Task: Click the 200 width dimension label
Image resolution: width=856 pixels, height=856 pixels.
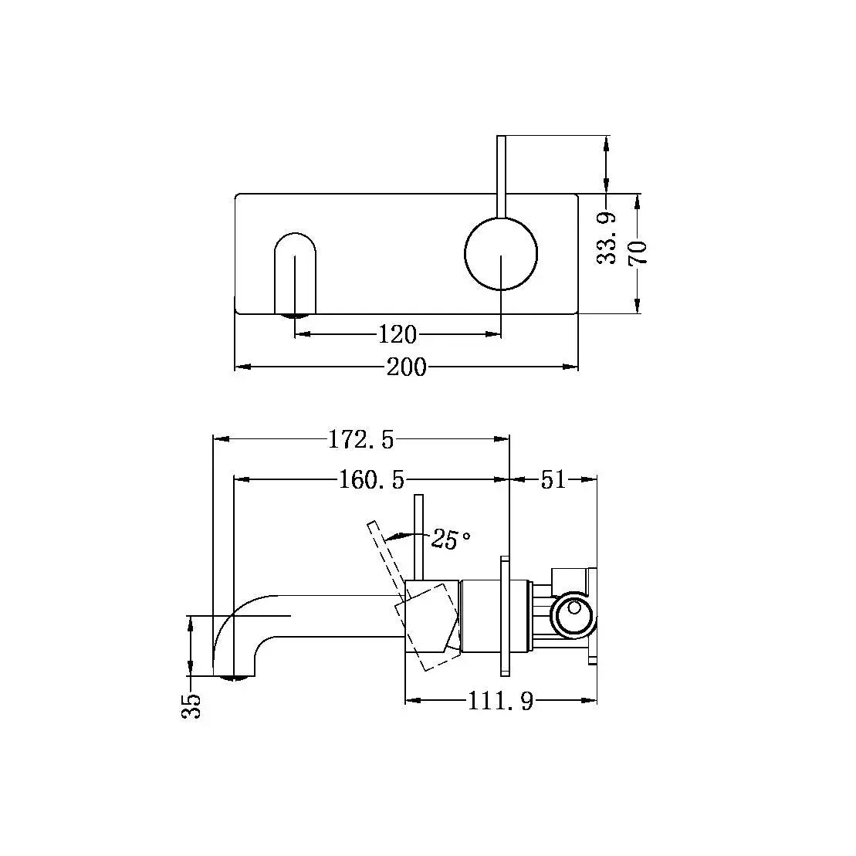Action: point(406,367)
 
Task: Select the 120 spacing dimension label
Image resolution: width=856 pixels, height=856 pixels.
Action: point(398,334)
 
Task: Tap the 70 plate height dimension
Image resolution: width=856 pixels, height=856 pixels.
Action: point(638,252)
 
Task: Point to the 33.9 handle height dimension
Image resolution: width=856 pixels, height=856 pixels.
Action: point(609,239)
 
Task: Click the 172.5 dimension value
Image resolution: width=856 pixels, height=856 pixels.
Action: point(361,439)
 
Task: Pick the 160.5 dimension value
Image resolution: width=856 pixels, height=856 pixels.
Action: point(371,480)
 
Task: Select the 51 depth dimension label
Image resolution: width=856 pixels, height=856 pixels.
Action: point(553,480)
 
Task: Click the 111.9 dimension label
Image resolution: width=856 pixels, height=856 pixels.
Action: point(500,701)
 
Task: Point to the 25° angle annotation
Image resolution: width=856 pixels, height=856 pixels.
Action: point(452,540)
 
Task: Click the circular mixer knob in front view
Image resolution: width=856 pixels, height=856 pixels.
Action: point(501,253)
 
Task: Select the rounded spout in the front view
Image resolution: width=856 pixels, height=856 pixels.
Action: point(295,270)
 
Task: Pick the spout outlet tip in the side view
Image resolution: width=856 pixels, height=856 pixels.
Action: point(236,678)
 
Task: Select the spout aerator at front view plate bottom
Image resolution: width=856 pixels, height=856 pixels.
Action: point(295,315)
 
